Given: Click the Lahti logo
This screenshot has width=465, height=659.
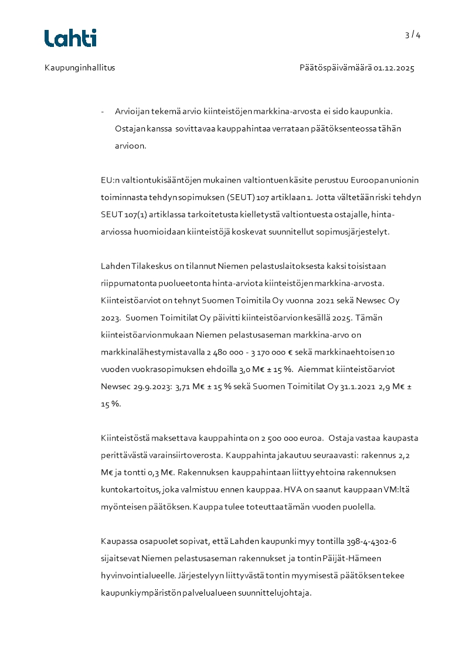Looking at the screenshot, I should tap(70, 38).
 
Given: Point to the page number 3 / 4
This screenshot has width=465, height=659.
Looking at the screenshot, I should tap(413, 35).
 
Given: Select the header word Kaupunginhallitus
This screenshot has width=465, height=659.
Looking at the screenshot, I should tap(80, 67).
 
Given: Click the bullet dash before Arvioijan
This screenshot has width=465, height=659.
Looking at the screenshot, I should tap(103, 111).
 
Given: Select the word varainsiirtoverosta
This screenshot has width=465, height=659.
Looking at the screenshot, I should tap(184, 455).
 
